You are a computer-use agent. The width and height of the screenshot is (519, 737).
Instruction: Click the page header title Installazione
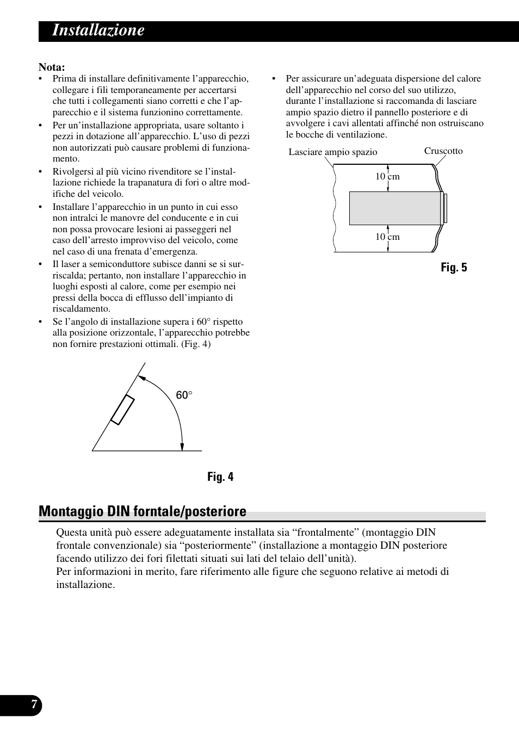pos(98,30)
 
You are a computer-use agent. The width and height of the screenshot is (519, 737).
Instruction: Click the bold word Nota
pos(52,67)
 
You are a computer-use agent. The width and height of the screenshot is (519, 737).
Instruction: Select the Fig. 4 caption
pos(220,477)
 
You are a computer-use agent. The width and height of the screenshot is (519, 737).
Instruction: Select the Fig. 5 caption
pos(454,267)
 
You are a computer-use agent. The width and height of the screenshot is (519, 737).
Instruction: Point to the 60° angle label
pos(184,395)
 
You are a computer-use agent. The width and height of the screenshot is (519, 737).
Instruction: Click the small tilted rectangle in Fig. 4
pos(122,410)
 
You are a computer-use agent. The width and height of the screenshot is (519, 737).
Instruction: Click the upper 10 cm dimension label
pos(387,176)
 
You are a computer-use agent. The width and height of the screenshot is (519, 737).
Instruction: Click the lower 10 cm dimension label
pos(387,237)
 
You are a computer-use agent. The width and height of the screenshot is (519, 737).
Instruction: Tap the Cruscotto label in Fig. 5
pos(443,151)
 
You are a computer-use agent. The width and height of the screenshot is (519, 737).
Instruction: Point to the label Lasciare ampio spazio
pos(332,152)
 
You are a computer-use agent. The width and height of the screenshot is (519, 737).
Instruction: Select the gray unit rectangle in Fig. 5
pos(395,208)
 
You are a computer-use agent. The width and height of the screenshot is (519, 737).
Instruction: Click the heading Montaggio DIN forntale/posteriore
pos(143,511)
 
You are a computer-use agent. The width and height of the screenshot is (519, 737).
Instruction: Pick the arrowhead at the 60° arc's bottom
pos(182,447)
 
